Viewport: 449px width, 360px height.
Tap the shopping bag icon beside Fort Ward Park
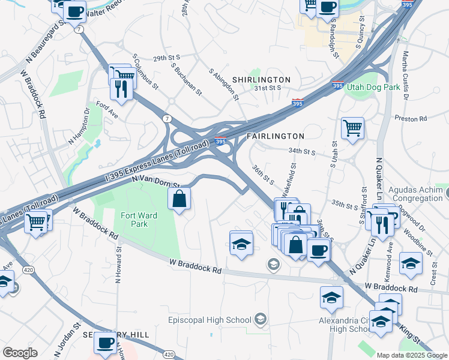(x=179, y=200)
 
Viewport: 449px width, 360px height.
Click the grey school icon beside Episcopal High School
(x=261, y=318)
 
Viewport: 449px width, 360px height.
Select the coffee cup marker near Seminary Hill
(x=106, y=344)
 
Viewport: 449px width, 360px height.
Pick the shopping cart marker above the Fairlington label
(x=352, y=128)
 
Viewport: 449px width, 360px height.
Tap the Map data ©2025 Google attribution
(x=412, y=355)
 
